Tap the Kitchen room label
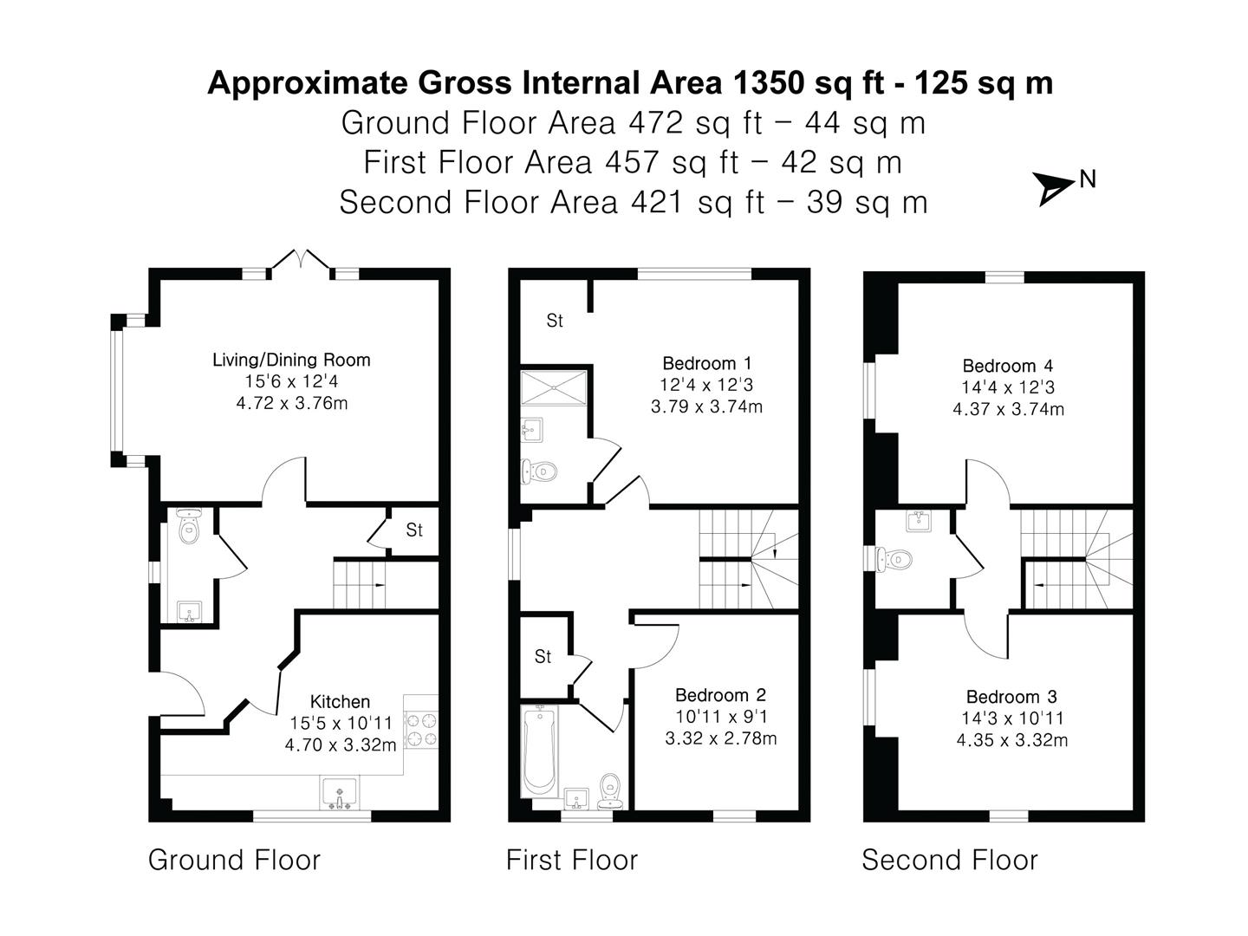click(x=340, y=701)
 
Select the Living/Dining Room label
click(x=291, y=360)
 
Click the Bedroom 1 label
click(x=706, y=362)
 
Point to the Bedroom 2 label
click(x=720, y=694)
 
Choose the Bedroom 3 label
click(x=1011, y=696)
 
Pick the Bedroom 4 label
click(x=1007, y=366)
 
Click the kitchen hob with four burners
click(x=421, y=730)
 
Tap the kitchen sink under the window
click(x=339, y=792)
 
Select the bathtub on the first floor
click(x=538, y=751)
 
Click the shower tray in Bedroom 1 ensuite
click(x=553, y=387)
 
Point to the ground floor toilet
click(x=188, y=527)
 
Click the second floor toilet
click(x=894, y=559)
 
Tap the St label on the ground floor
click(x=414, y=530)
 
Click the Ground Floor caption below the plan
click(x=234, y=860)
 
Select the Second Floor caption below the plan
click(x=950, y=860)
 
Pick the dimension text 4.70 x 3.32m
click(x=340, y=744)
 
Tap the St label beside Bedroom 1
click(x=555, y=321)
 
